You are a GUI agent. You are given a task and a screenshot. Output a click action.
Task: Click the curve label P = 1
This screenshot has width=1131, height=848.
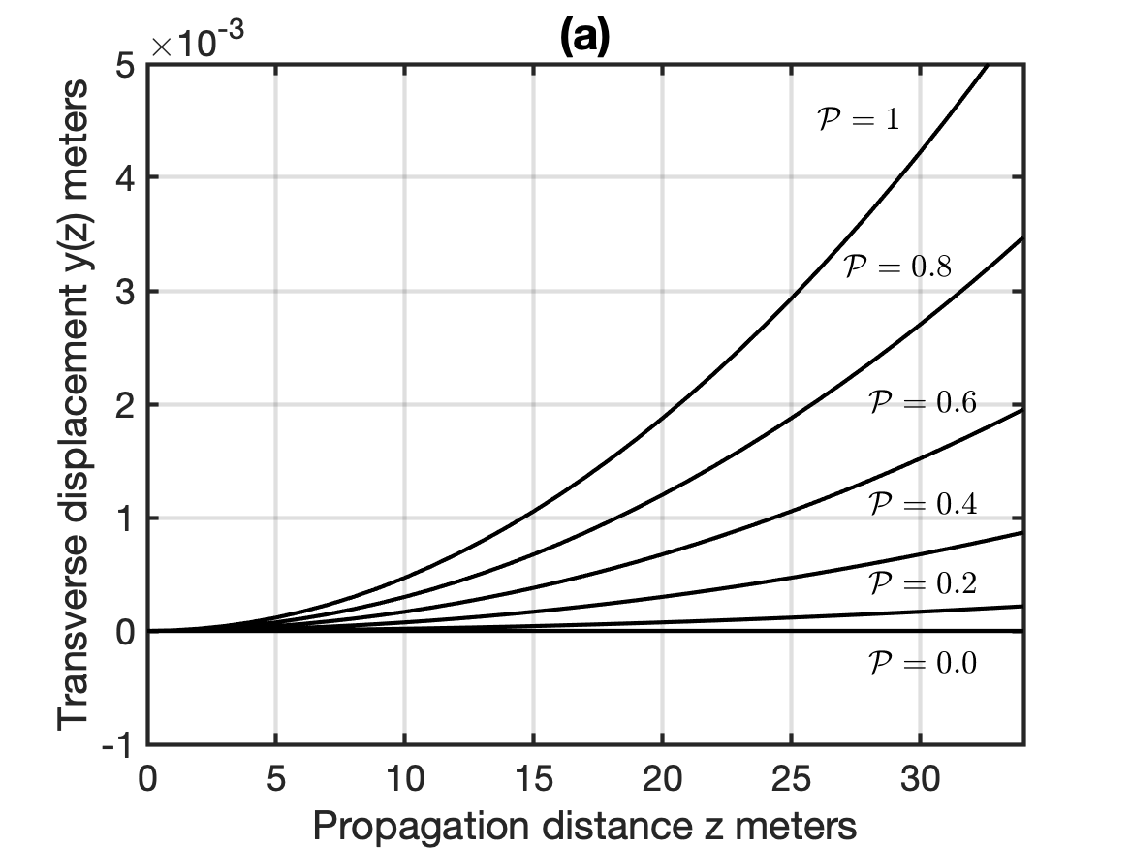click(x=859, y=119)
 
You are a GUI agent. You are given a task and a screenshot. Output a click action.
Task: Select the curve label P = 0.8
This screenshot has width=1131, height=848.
click(x=897, y=267)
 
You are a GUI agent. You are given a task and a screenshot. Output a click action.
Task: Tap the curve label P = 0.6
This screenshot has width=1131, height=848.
click(x=923, y=402)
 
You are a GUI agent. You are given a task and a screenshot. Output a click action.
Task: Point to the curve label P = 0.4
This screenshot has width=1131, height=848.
click(x=923, y=503)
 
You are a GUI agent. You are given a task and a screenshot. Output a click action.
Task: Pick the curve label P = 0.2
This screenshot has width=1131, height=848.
click(x=923, y=582)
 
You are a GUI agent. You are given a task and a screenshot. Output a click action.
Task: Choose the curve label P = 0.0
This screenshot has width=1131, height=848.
click(x=923, y=662)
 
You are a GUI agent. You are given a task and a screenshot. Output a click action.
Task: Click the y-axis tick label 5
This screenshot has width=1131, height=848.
click(x=126, y=66)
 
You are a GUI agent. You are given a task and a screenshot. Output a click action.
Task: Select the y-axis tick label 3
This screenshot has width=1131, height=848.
click(x=126, y=292)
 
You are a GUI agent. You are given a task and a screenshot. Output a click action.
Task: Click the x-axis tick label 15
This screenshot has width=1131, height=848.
click(x=533, y=779)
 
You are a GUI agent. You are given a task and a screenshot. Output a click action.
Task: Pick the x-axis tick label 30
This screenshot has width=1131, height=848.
click(x=921, y=779)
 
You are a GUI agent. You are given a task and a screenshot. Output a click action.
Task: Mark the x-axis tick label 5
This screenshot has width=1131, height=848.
click(x=276, y=779)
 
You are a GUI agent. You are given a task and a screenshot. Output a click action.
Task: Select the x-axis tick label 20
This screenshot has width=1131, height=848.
click(x=662, y=779)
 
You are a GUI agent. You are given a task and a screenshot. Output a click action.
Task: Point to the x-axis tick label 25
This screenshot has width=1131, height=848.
click(x=791, y=779)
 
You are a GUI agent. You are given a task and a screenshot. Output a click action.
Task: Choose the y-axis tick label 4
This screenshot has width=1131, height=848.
click(x=126, y=178)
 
